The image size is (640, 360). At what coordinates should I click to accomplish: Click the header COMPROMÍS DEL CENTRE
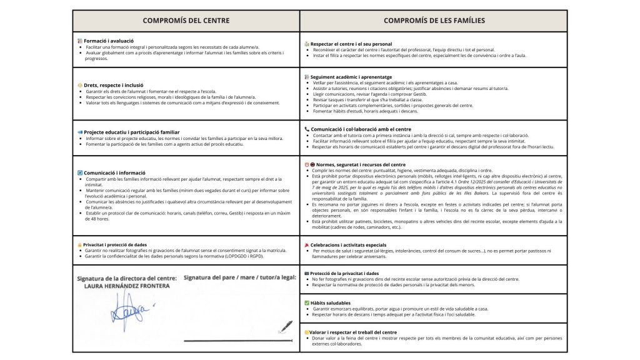[x=186, y=21]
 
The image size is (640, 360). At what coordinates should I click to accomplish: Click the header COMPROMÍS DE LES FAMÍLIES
[x=434, y=21]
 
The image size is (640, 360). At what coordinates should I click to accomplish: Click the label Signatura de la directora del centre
[x=126, y=277]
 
